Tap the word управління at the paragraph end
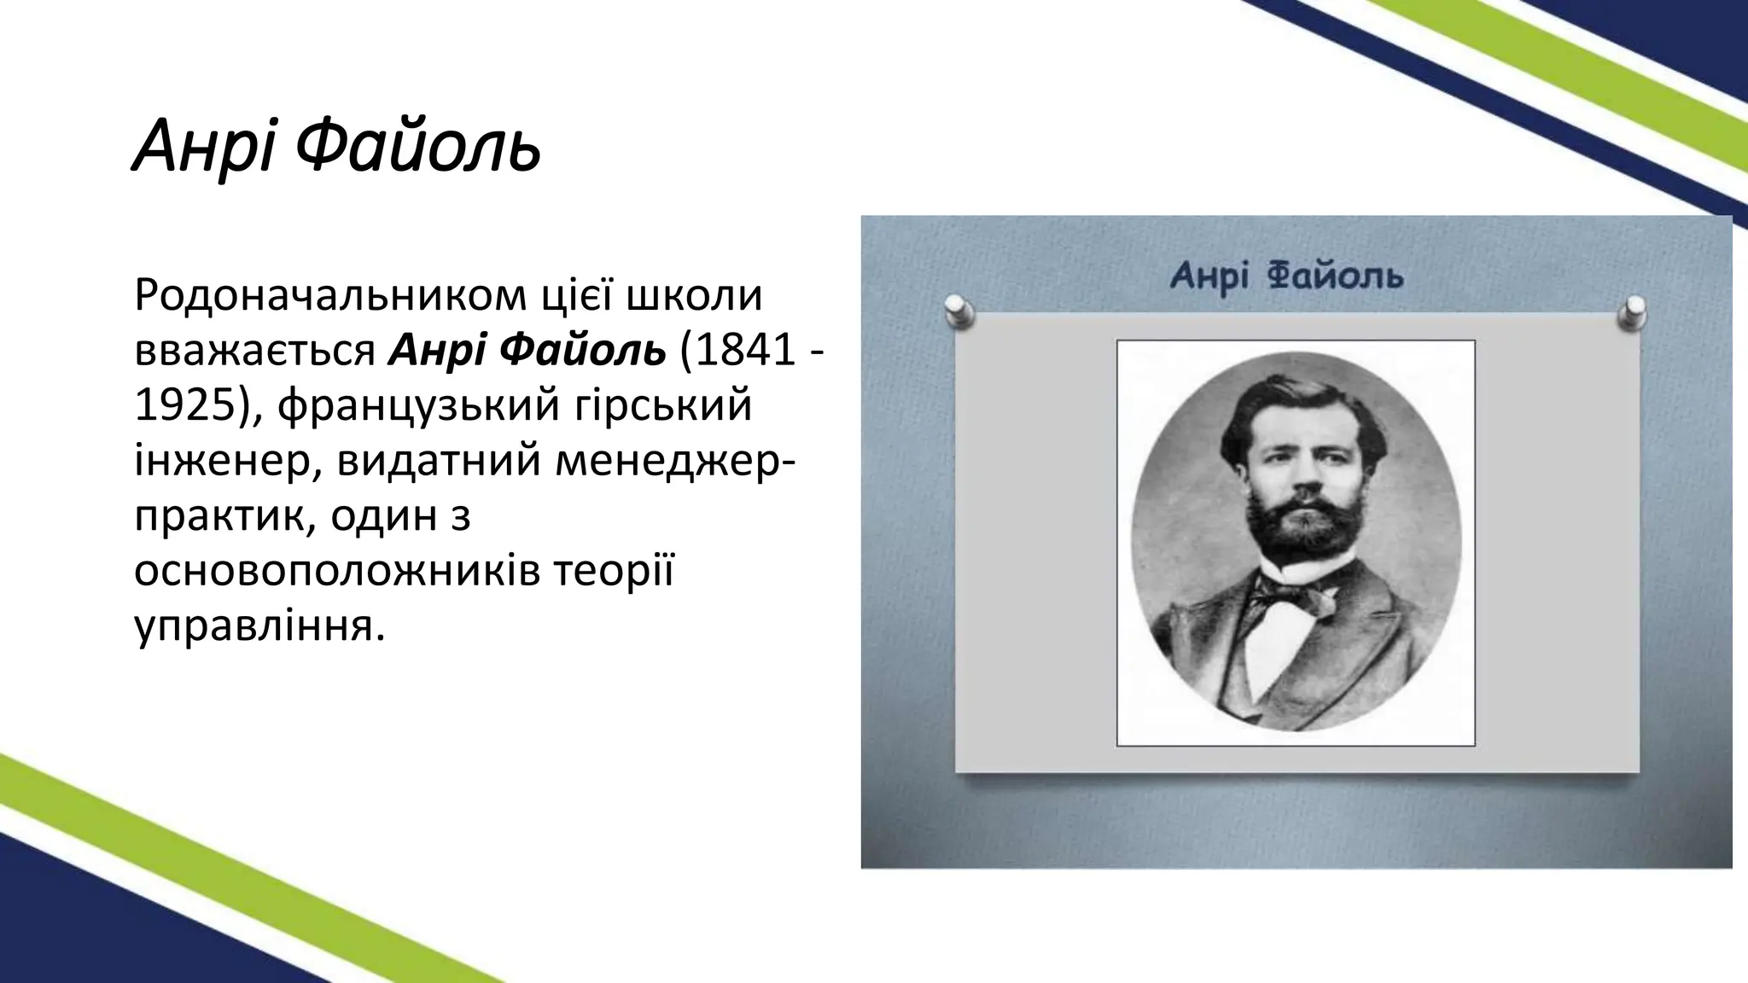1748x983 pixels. coord(254,627)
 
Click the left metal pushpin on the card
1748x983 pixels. coord(959,311)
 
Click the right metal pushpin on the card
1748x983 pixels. coord(1633,311)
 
